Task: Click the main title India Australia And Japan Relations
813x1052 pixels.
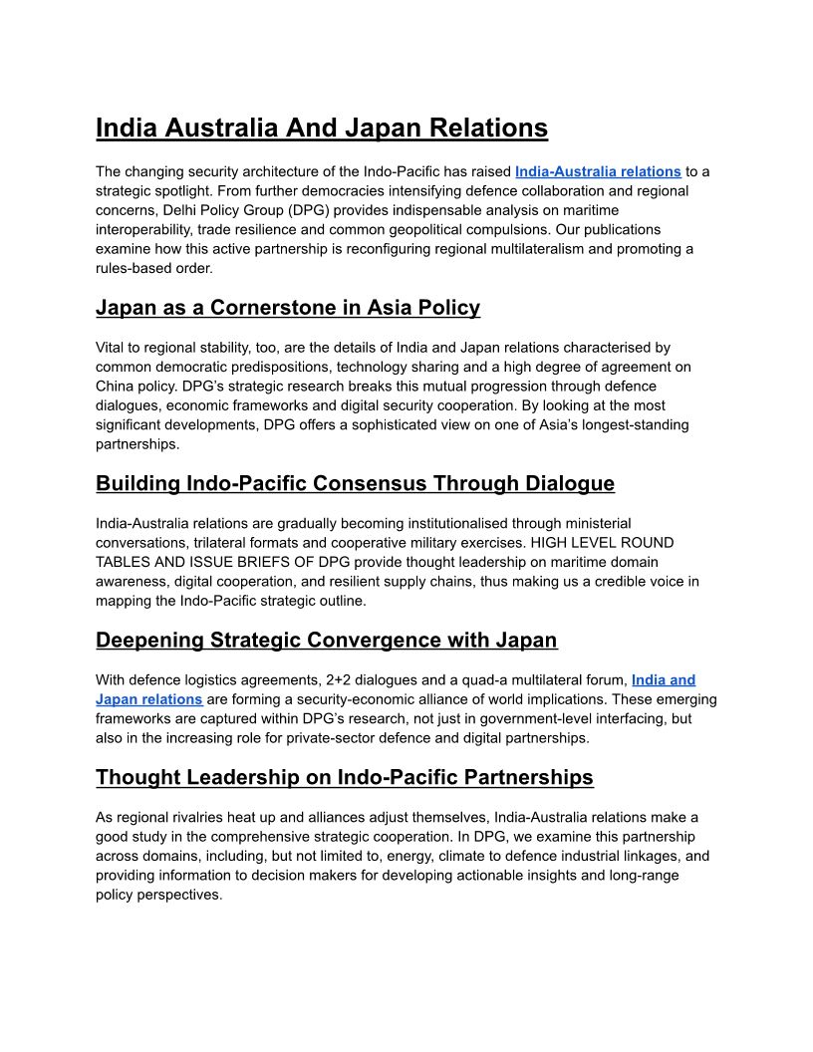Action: click(x=322, y=129)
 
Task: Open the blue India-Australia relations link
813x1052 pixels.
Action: click(x=598, y=171)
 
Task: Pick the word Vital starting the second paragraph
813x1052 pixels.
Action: click(x=113, y=348)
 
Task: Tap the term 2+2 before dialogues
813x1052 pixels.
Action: click(x=342, y=680)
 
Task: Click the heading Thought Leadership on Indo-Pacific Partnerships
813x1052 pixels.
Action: click(x=345, y=777)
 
